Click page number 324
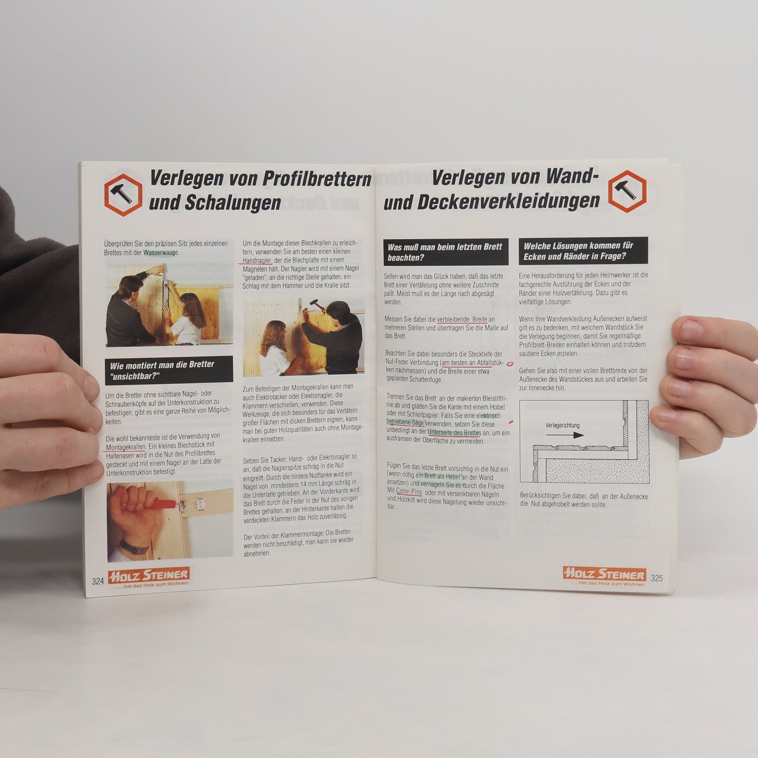98,581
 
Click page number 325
657,578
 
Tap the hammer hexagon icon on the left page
123,195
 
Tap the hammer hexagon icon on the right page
627,191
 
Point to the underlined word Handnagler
257,261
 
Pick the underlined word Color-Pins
409,492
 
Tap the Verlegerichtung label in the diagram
562,425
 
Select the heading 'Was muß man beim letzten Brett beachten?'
445,252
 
